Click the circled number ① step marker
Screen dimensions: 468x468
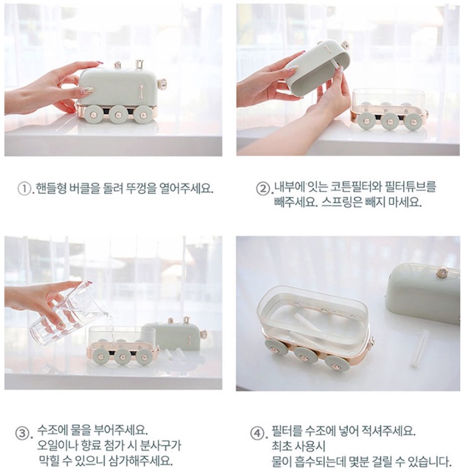pyautogui.click(x=25, y=189)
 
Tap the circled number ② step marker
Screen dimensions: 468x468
pyautogui.click(x=263, y=189)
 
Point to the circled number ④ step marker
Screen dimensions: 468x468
pyautogui.click(x=257, y=433)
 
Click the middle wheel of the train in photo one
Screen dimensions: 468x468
pyautogui.click(x=118, y=114)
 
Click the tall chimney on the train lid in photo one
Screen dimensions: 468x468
pyautogui.click(x=139, y=64)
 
